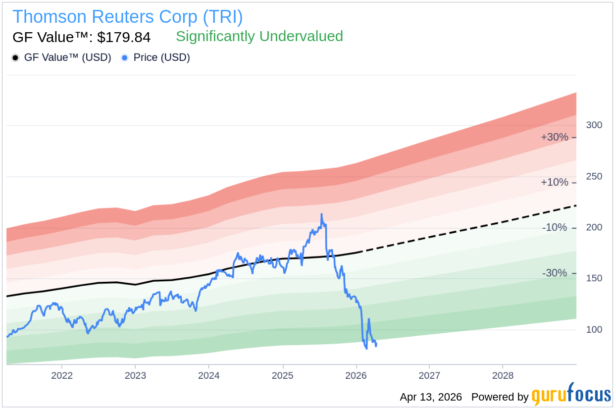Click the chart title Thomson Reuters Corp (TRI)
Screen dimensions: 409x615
coord(127,17)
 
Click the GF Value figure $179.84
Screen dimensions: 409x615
coord(124,37)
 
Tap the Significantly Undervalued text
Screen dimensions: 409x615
coord(259,36)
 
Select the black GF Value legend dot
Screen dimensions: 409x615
coord(15,58)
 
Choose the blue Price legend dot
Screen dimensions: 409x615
coord(125,58)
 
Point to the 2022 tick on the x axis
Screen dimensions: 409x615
coord(62,375)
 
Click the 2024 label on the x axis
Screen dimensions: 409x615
coord(209,375)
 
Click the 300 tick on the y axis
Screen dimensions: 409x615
coord(594,125)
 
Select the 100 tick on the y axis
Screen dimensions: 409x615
coord(594,330)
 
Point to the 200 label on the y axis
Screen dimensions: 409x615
coord(594,228)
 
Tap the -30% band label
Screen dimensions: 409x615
coord(555,273)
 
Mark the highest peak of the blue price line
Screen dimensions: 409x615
coord(321,214)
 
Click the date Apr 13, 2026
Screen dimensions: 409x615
coord(431,397)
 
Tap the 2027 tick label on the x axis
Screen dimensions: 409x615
coord(429,375)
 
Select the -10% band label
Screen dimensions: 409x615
coord(555,228)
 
